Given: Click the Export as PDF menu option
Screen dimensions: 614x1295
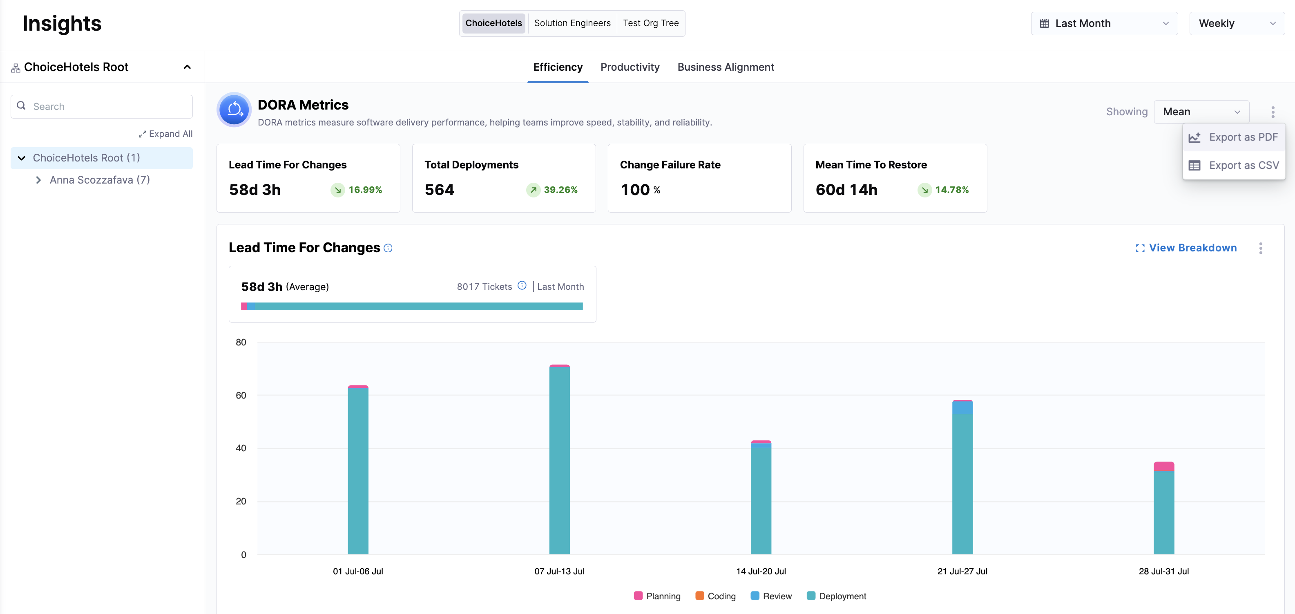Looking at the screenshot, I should (1234, 137).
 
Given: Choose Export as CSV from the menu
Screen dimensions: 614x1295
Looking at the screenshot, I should (1234, 166).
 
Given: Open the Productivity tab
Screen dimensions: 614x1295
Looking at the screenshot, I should (630, 67).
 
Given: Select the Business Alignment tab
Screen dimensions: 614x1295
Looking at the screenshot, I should (726, 67).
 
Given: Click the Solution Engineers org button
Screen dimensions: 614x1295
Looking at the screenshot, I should (572, 23).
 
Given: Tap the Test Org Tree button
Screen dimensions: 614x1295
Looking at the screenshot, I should (650, 23).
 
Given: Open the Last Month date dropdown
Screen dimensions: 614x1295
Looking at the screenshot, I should (1104, 24).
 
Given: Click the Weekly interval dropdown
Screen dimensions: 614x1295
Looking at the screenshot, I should (1236, 24).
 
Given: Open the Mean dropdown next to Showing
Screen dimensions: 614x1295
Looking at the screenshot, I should (1201, 112).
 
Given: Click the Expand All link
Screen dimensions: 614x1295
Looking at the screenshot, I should (165, 134).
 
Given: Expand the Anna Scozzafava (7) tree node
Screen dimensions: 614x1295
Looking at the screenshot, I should (39, 180).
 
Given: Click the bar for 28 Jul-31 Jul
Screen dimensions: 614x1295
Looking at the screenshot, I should (1164, 508).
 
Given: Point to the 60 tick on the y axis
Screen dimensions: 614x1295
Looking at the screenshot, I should (241, 395).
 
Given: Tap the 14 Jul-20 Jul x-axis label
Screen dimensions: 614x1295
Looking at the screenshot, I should (761, 571).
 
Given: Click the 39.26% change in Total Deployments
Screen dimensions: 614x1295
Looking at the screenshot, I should (560, 190).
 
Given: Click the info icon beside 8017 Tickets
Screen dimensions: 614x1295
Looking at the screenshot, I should (522, 286).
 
